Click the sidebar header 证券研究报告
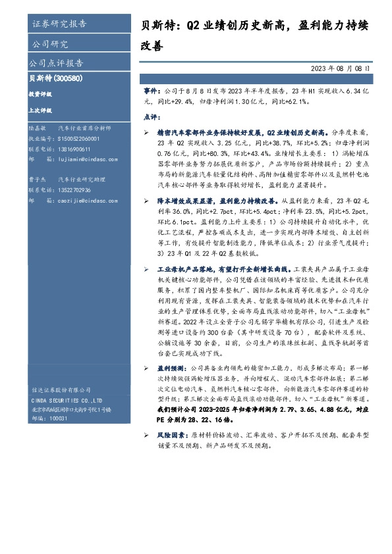pyautogui.click(x=59, y=25)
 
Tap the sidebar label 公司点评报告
pyautogui.click(x=56, y=63)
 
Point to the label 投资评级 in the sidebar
pyautogui.click(x=40, y=94)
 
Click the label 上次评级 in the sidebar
pyautogui.click(x=40, y=111)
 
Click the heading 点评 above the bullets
pyautogui.click(x=151, y=116)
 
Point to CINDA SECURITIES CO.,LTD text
pyautogui.click(x=67, y=399)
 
